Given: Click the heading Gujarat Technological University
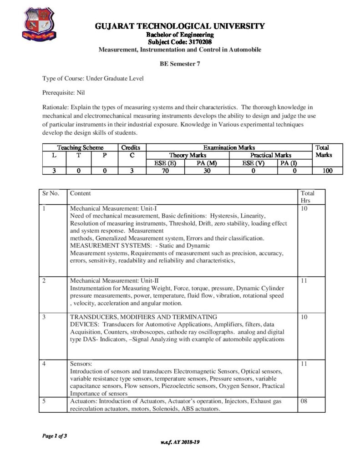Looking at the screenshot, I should click(180, 26).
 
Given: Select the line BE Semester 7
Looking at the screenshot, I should click(180, 64).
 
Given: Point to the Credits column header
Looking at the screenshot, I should click(131, 147).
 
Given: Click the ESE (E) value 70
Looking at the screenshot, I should click(165, 171).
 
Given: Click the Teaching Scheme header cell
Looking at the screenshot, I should click(80, 147).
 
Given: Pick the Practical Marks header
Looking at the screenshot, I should click(270, 155).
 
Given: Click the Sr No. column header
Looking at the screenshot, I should click(51, 193).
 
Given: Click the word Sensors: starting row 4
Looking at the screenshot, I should click(81, 364).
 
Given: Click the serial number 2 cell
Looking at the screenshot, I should click(44, 281).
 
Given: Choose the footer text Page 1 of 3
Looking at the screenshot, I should click(55, 436).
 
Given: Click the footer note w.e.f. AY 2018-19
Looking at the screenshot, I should click(180, 442).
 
